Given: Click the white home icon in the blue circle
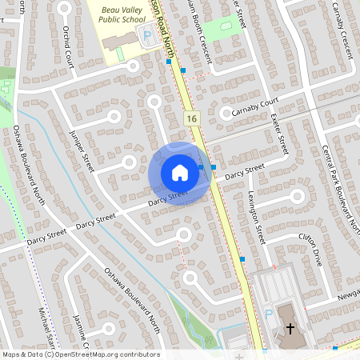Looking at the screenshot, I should [180, 173].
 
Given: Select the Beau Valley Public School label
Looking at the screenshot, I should [129, 14].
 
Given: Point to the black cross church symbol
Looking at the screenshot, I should [290, 328].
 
